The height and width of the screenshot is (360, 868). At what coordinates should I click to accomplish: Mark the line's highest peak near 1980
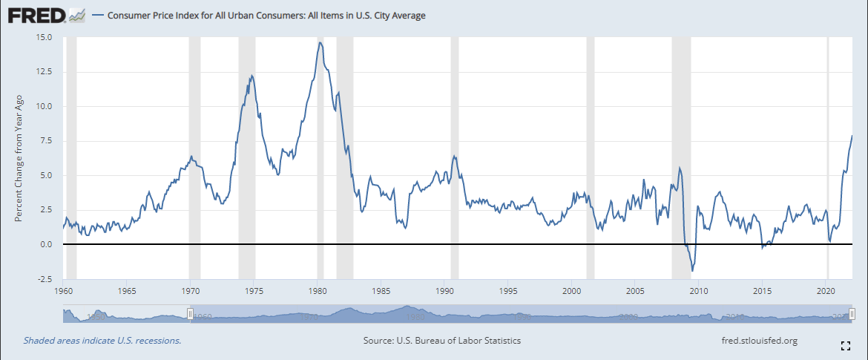tap(320, 42)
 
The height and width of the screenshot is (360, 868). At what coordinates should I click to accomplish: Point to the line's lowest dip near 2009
tap(691, 271)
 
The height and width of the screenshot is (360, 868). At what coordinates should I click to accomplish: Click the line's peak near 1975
tap(252, 76)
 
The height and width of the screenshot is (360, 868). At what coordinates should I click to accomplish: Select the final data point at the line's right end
tap(852, 136)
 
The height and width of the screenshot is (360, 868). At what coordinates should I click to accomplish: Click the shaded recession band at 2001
tap(591, 148)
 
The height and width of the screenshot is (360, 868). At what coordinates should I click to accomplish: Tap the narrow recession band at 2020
tap(828, 148)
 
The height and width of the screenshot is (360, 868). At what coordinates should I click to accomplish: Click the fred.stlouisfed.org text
tap(753, 341)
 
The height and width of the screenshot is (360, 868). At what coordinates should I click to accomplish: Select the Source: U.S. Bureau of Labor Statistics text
tap(441, 341)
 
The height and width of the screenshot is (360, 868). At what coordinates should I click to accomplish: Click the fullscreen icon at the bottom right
tap(844, 344)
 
